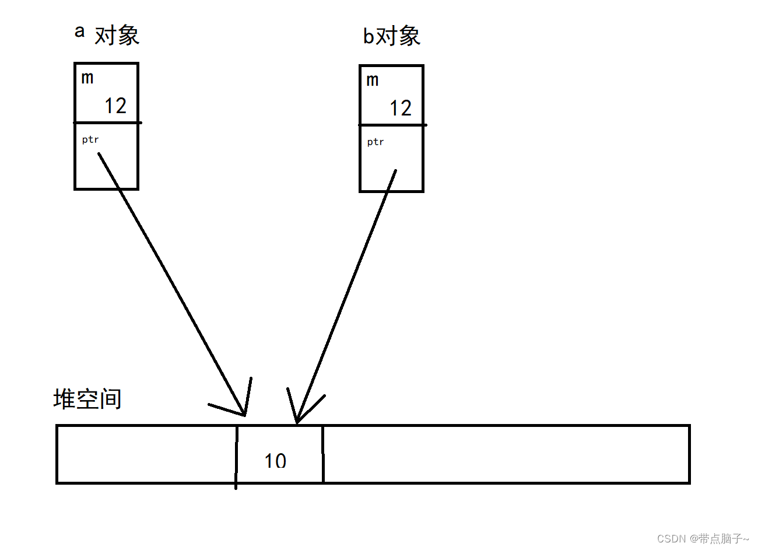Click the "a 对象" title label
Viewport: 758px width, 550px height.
pos(107,34)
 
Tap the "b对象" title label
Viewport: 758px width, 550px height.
pos(391,36)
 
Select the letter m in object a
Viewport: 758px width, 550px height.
pos(87,78)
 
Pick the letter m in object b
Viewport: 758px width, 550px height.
pos(373,80)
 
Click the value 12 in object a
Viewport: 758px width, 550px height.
pos(115,106)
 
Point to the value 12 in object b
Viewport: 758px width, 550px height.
pos(401,108)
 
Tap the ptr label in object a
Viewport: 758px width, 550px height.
pos(90,139)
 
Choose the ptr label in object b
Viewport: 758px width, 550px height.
pos(376,142)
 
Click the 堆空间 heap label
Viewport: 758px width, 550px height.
pos(87,400)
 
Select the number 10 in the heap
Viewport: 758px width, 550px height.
pos(275,461)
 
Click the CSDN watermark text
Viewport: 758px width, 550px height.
pos(703,538)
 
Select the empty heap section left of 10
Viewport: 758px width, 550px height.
pos(146,454)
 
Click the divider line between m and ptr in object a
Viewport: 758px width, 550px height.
pos(107,122)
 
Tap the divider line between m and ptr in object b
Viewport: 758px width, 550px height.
pos(392,125)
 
